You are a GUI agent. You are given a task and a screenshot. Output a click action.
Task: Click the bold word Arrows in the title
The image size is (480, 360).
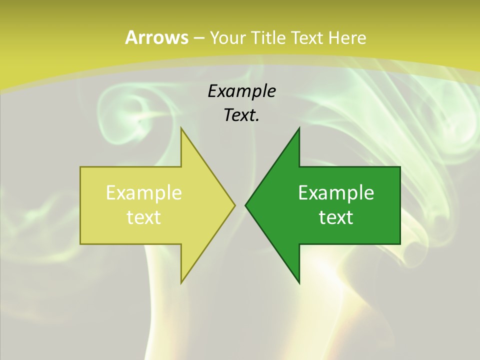[x=156, y=37]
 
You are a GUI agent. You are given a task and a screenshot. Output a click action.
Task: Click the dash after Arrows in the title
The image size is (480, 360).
[x=198, y=38]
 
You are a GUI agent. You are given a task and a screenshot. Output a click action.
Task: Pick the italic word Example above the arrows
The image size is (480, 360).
[x=241, y=91]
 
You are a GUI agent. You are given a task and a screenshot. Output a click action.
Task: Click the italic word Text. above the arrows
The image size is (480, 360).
[x=241, y=115]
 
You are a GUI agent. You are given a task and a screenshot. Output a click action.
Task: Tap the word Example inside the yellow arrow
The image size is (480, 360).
[x=144, y=192]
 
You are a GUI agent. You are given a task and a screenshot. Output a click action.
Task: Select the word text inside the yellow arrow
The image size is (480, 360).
[x=144, y=217]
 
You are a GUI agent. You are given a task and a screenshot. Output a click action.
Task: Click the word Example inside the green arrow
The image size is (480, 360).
[x=336, y=192]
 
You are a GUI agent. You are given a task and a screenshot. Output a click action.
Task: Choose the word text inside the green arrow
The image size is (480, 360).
[x=336, y=217]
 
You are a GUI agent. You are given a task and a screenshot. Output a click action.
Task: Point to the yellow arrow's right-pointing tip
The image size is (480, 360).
[x=234, y=205]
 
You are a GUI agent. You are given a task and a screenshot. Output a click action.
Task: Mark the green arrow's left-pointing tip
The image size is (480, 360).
[x=246, y=205]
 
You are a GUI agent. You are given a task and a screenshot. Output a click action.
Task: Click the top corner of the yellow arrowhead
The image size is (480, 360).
[x=181, y=129]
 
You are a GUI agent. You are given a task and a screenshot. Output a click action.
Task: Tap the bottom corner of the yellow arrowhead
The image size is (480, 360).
[x=181, y=282]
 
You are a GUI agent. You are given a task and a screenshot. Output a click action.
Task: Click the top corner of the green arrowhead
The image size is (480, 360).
[x=299, y=129]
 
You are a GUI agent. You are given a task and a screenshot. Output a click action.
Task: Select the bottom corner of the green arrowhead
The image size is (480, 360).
[x=299, y=282]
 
